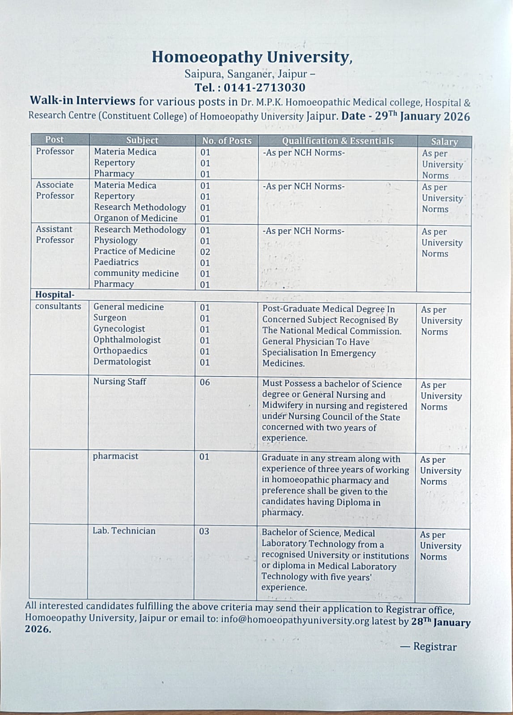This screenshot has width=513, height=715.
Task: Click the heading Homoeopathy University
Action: [252, 57]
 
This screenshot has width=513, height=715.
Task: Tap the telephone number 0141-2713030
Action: [264, 87]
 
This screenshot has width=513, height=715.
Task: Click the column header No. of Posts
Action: [227, 141]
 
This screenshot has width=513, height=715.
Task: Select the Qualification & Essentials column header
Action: [338, 141]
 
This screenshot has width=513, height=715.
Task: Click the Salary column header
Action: [444, 142]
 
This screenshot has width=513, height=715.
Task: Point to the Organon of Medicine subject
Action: [136, 218]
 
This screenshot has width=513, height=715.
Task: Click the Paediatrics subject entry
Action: [116, 262]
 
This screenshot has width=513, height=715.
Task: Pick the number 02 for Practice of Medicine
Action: [205, 252]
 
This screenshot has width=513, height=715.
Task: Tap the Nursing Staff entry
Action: [119, 382]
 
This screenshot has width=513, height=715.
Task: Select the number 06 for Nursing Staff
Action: [204, 382]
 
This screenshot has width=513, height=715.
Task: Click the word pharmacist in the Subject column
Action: [115, 456]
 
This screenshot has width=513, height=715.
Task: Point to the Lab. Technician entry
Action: [124, 531]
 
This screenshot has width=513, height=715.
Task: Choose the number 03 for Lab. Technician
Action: [204, 531]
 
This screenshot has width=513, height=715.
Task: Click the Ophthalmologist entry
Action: [127, 340]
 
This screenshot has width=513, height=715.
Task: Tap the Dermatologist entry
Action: [122, 362]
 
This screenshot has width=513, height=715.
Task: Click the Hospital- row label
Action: [55, 295]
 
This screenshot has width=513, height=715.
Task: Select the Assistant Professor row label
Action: [55, 235]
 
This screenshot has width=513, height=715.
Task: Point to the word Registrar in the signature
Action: [435, 647]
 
